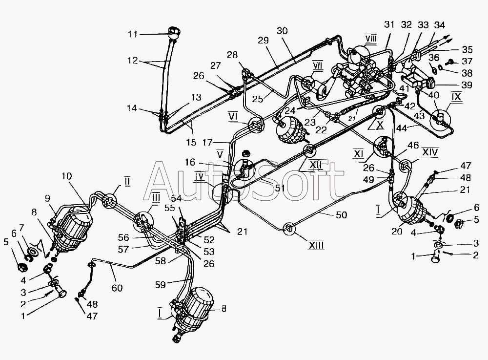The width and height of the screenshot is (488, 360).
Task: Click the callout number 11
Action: [x=132, y=34]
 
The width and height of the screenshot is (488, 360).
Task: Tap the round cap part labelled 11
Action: [x=173, y=34]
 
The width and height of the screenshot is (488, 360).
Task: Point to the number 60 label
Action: [x=117, y=288]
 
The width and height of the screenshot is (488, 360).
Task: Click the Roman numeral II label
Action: [x=127, y=182]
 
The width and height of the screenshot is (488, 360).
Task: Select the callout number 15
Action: [x=191, y=143]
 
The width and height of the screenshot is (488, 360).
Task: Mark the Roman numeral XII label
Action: [x=316, y=165]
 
